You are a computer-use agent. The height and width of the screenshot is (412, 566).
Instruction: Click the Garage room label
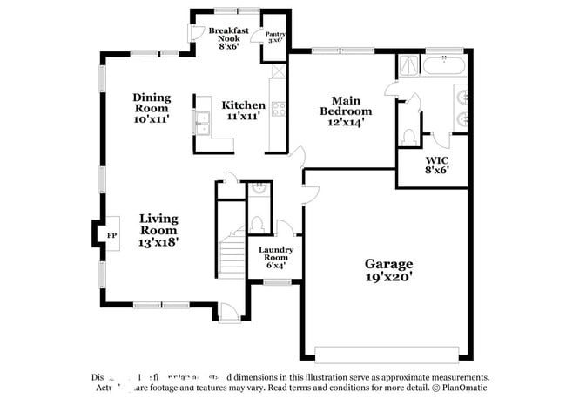pyautogui.click(x=388, y=263)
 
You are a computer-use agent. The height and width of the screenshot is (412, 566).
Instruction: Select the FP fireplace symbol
pyautogui.click(x=111, y=235)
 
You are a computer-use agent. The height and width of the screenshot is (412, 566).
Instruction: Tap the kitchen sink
pyautogui.click(x=203, y=122)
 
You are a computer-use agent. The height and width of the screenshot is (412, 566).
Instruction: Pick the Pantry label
pyautogui.click(x=275, y=37)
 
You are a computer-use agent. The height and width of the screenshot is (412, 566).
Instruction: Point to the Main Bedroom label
pyautogui.click(x=346, y=105)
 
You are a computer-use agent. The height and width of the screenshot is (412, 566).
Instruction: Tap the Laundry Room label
pyautogui.click(x=275, y=253)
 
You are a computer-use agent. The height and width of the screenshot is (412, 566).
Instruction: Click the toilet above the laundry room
pyautogui.click(x=258, y=224)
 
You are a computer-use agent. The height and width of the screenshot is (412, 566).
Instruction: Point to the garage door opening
pyautogui.click(x=386, y=353)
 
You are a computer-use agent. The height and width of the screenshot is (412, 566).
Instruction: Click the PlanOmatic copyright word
pyautogui.click(x=466, y=388)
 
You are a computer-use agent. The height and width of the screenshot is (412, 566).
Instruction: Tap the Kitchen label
pyautogui.click(x=243, y=105)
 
